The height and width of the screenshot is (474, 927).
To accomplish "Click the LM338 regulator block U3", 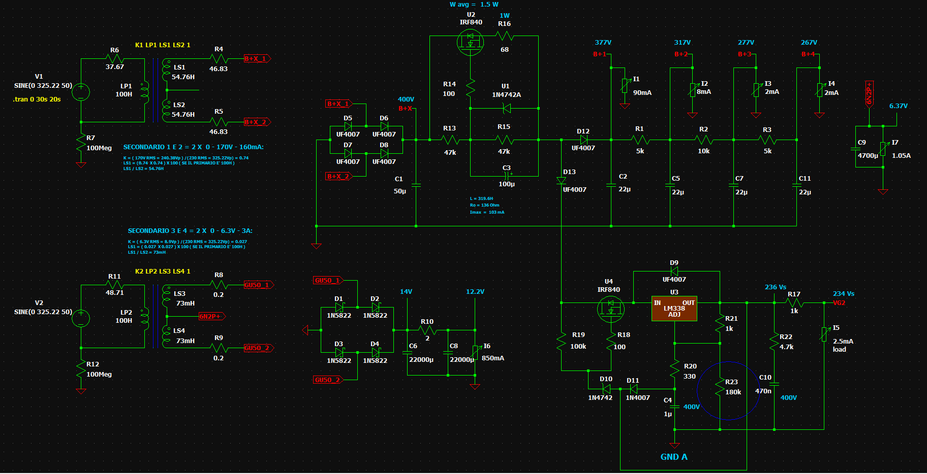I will pos(674,309).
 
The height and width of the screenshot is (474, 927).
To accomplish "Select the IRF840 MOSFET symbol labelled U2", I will pos(470,42).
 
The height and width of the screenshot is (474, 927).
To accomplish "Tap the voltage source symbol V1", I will pos(81,92).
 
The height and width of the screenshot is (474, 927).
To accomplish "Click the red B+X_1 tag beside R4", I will pos(257,59).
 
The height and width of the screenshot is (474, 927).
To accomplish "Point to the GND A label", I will pos(673,457).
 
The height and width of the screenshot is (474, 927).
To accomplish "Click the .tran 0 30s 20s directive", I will pos(37,99).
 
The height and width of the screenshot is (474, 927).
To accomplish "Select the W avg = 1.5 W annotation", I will pos(474,5).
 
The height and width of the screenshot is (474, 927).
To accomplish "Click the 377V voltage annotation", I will pos(603,43).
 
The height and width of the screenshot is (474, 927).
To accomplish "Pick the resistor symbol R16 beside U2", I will pos(505,36).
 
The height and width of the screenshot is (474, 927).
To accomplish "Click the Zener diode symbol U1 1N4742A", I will pos(506,108).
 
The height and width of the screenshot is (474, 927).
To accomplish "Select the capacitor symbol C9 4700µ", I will pos(856,149).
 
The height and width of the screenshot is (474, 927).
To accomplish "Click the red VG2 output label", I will pos(839,303).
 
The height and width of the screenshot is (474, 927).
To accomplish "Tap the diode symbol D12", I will pos(583,140).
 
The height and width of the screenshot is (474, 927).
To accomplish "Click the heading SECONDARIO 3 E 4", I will pos(190,231).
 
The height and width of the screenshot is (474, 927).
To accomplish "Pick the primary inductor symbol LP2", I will pos(145,319).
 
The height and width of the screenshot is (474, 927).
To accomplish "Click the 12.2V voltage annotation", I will pos(475,292).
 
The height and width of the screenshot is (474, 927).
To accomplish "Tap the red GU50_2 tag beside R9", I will pos(258,348).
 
